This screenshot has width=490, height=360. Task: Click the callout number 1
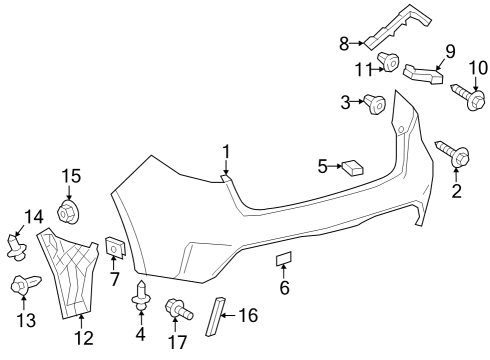click(226, 152)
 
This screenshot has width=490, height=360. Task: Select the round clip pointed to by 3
click(377, 103)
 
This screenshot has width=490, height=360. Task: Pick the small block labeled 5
click(353, 167)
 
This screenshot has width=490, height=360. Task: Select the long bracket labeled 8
click(396, 30)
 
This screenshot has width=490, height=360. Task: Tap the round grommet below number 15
click(69, 211)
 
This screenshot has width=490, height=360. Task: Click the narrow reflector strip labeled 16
click(212, 317)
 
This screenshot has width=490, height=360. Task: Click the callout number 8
click(344, 42)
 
